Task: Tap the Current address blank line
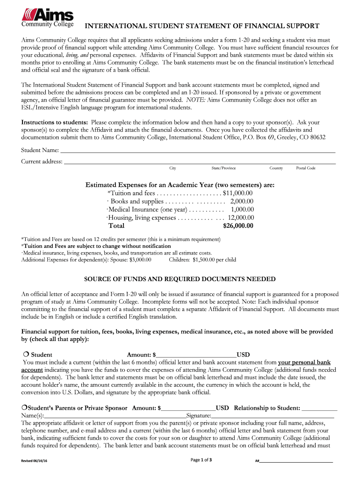click(x=200, y=163)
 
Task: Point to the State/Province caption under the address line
click(x=223, y=168)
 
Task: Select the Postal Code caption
click(x=306, y=168)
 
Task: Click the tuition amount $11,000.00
click(x=238, y=193)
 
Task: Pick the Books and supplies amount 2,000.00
click(x=242, y=201)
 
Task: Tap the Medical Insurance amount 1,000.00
click(x=242, y=210)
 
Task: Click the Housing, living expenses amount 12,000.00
click(x=241, y=218)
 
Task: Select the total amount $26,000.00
click(x=238, y=226)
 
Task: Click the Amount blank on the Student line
click(x=197, y=355)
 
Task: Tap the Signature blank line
click(x=273, y=416)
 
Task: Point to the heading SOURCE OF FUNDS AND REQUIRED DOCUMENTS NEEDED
click(x=180, y=279)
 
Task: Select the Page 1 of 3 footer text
click(x=202, y=460)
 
